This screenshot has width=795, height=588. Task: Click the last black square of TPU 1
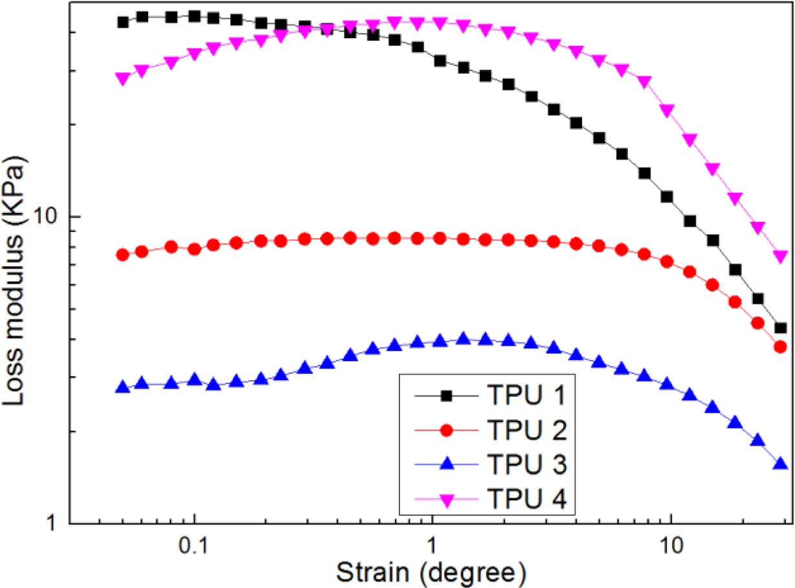click(780, 328)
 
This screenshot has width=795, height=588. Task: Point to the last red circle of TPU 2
click(780, 347)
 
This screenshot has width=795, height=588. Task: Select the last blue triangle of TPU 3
click(780, 464)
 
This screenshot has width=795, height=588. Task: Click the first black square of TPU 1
click(122, 22)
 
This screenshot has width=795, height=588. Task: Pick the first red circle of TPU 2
click(122, 254)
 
